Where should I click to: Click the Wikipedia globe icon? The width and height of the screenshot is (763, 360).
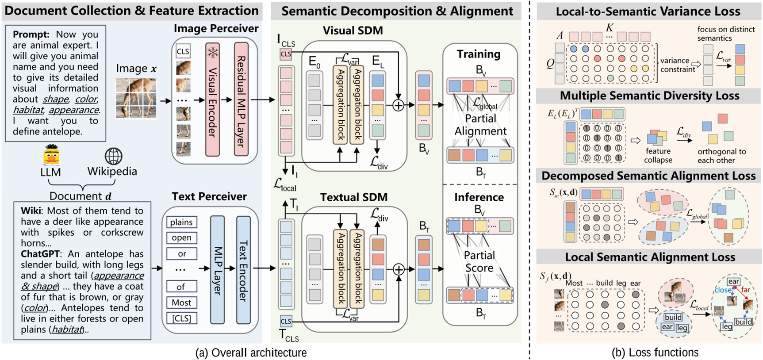point(113,156)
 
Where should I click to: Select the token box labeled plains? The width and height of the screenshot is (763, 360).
point(181,222)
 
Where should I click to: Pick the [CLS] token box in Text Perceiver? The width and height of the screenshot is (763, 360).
point(181,318)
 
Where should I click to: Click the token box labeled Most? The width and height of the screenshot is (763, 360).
point(181,303)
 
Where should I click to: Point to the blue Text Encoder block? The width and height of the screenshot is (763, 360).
point(243,270)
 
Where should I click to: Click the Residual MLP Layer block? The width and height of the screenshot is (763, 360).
point(241,100)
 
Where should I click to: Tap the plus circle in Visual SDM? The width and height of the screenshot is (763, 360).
point(398,105)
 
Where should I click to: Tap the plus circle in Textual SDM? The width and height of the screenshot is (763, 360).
point(399,269)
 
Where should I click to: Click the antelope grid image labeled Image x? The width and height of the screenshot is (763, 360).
point(136,98)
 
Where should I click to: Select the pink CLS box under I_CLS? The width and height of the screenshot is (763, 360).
point(286,54)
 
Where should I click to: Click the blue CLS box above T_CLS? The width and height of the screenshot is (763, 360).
point(286,321)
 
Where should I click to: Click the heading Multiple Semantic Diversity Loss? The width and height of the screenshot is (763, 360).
point(649,96)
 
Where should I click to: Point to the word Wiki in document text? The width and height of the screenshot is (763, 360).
point(31,211)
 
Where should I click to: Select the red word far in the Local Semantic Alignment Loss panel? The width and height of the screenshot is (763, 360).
point(745,290)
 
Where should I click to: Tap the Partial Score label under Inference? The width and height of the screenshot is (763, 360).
point(479,261)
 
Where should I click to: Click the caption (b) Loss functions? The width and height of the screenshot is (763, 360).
point(655,352)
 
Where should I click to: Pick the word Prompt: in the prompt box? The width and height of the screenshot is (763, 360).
point(31,34)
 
